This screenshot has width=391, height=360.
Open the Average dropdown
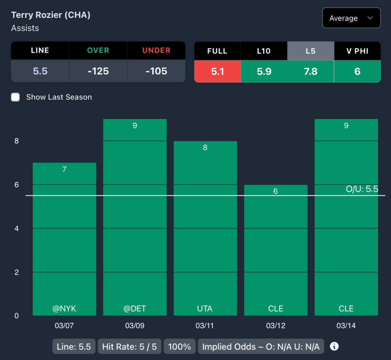pos(351,18)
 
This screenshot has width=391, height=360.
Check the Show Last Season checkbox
pos(16,97)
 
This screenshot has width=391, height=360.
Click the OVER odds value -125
pos(98,71)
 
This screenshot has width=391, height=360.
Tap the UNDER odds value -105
pos(156,71)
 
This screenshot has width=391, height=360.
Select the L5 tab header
pos(310,51)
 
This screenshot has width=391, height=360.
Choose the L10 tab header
pos(264,51)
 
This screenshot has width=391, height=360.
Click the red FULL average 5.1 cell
pos(217,71)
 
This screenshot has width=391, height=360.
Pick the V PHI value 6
pos(357,71)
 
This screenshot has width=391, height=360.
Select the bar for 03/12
pos(276,248)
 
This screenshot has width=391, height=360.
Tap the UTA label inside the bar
pos(205,308)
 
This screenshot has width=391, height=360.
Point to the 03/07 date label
pos(64,326)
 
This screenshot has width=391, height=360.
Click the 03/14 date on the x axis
pos(346,326)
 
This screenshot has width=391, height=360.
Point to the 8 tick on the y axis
pos(16,141)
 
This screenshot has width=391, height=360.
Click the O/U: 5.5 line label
pos(362,189)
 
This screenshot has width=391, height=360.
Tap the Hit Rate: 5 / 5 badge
pos(130,347)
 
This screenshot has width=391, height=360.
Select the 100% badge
pos(179,347)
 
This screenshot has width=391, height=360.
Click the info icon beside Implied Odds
pos(334,346)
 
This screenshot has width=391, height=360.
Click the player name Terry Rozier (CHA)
pos(51,15)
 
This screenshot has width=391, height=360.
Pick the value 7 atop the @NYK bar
pos(64,169)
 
